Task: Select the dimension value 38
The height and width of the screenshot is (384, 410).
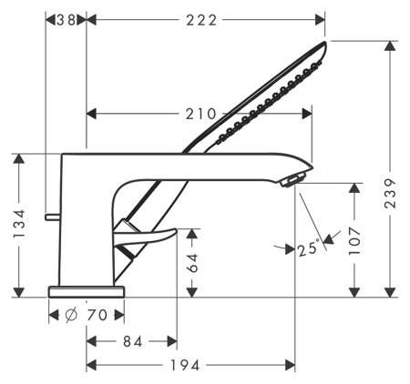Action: coord(66,19)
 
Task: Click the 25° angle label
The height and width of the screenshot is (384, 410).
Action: coord(309,247)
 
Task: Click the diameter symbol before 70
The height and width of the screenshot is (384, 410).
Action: coord(71,315)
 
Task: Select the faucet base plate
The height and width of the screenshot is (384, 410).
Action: coord(86,290)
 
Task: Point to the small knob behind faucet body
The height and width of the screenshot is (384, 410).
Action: coord(51,217)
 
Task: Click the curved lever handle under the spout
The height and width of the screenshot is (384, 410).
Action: coord(146,241)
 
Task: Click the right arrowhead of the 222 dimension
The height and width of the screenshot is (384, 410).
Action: coord(321,19)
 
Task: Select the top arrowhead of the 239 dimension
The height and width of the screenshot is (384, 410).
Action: coord(392,45)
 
